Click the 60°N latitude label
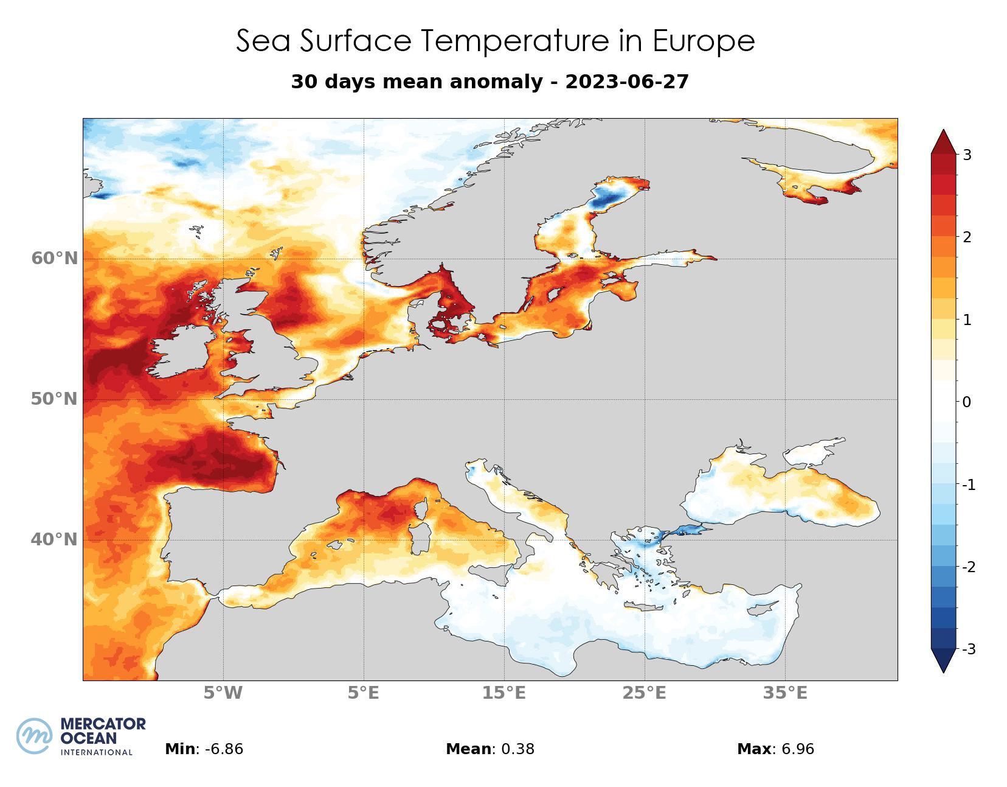tap(55, 259)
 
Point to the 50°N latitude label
tap(55, 399)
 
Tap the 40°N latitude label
tap(55, 540)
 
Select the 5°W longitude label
tap(223, 693)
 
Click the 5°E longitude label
tap(364, 693)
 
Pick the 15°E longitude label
tap(504, 693)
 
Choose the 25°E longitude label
tap(645, 693)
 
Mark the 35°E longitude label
tap(785, 693)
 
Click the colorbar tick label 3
tap(967, 155)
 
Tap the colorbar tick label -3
tap(968, 649)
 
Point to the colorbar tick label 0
tap(967, 402)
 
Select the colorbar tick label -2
tap(968, 567)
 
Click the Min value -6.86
tap(224, 749)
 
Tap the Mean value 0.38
tap(517, 749)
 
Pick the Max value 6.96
tap(793, 749)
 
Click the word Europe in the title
tap(704, 41)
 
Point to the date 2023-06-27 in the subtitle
tap(627, 82)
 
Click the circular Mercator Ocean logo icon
tap(35, 736)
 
